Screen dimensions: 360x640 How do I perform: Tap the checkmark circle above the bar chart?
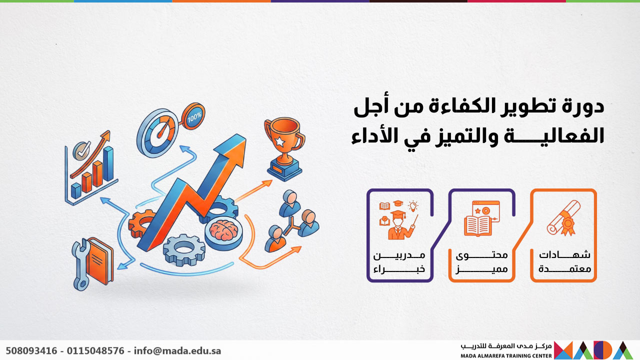pos(81,149)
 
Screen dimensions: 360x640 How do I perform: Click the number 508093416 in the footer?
pos(31,350)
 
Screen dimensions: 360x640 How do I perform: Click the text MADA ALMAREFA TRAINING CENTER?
pos(506,356)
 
